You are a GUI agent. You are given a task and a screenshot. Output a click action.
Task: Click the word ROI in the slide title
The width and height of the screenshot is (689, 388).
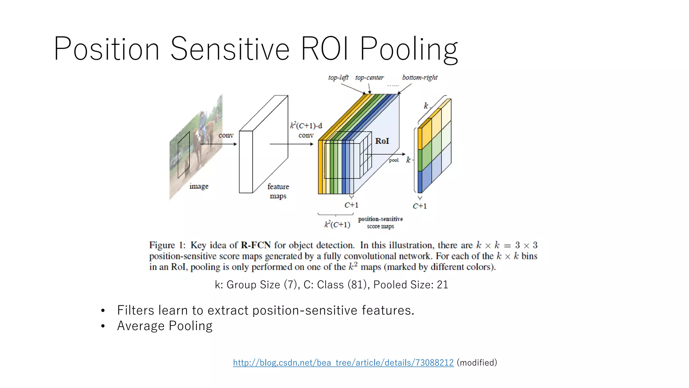click(x=324, y=49)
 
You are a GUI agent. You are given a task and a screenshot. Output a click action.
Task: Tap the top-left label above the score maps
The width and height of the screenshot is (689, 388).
click(x=338, y=77)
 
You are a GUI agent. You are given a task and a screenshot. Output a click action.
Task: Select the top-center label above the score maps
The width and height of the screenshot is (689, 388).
click(x=369, y=77)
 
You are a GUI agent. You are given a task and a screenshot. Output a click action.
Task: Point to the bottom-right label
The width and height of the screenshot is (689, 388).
click(x=420, y=77)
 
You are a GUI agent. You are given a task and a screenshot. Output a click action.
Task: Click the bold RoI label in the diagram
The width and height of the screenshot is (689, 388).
click(x=382, y=141)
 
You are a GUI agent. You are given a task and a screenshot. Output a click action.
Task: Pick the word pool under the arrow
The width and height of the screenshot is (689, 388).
click(x=393, y=160)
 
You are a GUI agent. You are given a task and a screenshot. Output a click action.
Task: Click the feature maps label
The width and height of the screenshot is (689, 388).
click(x=278, y=191)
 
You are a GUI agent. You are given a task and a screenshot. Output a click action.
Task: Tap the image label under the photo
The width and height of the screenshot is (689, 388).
click(x=199, y=186)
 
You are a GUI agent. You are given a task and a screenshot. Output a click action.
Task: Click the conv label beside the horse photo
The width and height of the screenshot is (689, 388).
click(x=226, y=135)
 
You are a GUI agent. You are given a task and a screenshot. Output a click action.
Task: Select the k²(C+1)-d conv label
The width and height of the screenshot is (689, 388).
click(x=306, y=130)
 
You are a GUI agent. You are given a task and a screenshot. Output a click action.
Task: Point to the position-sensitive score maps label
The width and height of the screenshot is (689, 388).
click(x=380, y=223)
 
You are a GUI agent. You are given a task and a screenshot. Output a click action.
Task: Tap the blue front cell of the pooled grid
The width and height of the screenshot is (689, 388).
click(x=420, y=182)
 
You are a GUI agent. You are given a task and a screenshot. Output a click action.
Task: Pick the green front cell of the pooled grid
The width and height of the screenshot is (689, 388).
click(x=420, y=160)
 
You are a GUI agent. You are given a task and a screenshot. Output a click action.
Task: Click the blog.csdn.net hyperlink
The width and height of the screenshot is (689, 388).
click(x=343, y=363)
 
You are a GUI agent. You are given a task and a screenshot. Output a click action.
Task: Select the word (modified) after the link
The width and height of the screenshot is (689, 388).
click(x=477, y=363)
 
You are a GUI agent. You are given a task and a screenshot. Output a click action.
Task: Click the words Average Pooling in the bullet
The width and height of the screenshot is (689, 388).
click(x=165, y=326)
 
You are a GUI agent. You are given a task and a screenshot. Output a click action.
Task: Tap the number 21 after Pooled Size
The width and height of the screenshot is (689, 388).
click(x=442, y=285)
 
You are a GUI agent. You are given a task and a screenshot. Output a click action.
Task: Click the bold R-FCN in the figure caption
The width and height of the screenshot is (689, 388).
click(x=256, y=245)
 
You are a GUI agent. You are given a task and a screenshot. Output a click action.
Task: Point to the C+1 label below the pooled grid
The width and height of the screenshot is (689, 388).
click(x=420, y=206)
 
